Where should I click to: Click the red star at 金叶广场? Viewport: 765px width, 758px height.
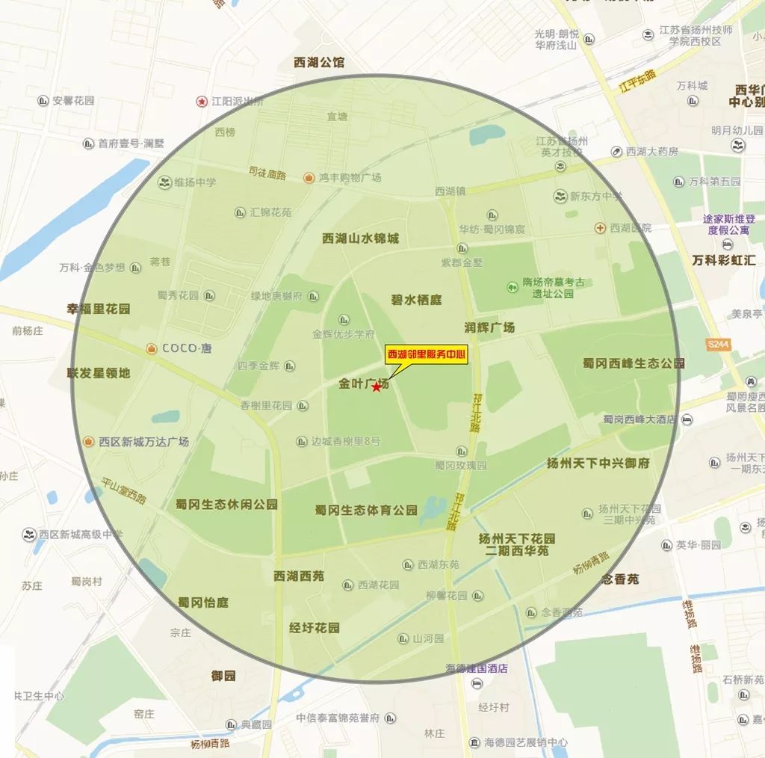click(x=376, y=386)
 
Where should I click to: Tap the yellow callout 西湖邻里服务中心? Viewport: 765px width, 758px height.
click(x=426, y=355)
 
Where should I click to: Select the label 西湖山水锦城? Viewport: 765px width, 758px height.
click(x=361, y=238)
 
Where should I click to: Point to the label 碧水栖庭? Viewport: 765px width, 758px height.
click(x=416, y=300)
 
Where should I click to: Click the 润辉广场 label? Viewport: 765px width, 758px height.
click(x=489, y=327)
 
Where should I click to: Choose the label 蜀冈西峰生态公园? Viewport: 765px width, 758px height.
click(x=634, y=363)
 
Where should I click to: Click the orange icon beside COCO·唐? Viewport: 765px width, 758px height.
click(x=152, y=348)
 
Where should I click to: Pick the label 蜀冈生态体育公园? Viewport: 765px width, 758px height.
click(x=366, y=510)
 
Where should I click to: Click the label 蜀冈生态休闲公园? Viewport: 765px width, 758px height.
click(x=226, y=505)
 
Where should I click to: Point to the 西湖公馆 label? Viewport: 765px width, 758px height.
click(x=320, y=63)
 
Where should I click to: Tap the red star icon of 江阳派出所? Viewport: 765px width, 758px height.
click(x=201, y=101)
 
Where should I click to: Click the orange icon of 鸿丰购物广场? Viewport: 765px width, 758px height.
click(x=309, y=177)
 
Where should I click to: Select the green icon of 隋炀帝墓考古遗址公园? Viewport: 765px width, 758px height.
click(x=512, y=286)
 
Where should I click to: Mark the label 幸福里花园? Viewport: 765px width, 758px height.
click(x=99, y=308)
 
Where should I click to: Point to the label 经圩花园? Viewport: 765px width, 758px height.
click(x=315, y=628)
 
